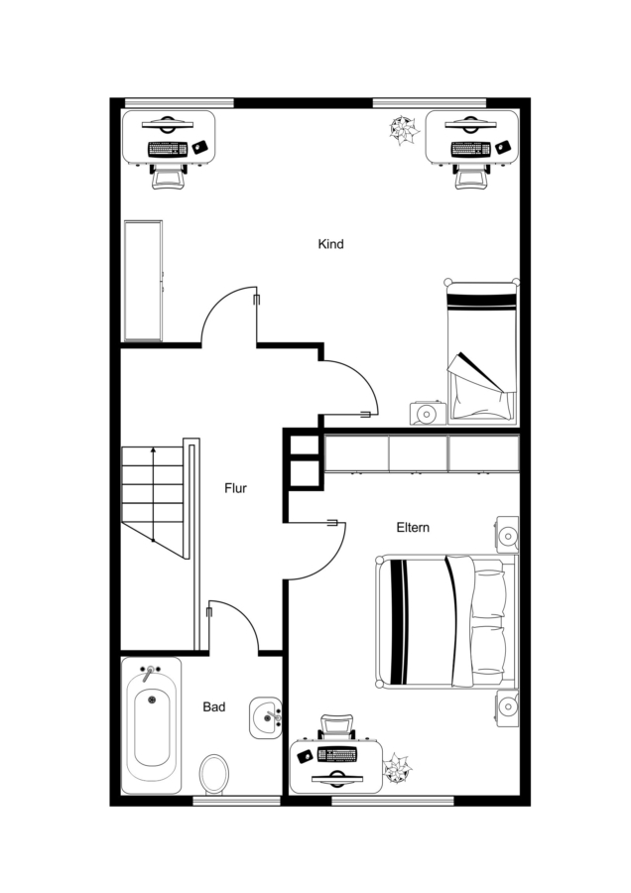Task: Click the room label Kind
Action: (x=330, y=244)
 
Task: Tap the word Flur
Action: (x=236, y=488)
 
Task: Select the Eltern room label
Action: (x=413, y=528)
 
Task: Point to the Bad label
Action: (x=214, y=706)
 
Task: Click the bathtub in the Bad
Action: (x=152, y=725)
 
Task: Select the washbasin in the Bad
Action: (x=266, y=717)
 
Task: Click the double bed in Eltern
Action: (x=447, y=621)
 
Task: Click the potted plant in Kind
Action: (x=403, y=130)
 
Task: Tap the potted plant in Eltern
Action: (x=398, y=768)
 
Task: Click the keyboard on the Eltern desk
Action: (x=337, y=755)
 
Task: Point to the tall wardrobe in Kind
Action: (x=143, y=281)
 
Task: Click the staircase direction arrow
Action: (x=153, y=494)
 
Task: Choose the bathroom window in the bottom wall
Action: (x=237, y=801)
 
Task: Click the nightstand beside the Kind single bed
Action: (x=429, y=413)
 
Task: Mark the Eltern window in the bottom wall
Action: (x=393, y=801)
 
